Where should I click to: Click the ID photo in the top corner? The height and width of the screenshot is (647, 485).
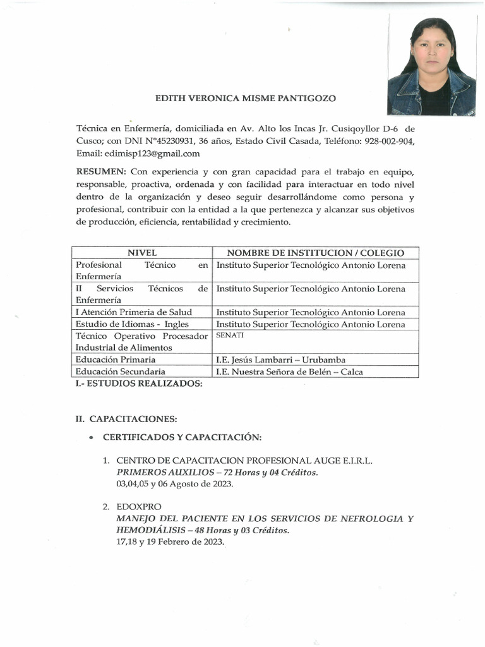coord(431,66)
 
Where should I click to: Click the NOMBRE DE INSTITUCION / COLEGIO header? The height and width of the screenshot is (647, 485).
coord(315,253)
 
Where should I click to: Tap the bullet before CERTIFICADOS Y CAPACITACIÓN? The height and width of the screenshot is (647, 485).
coord(92,438)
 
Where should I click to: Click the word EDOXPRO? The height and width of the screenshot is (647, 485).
coord(139,507)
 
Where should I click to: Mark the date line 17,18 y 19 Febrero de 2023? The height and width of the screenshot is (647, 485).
coord(171,542)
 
